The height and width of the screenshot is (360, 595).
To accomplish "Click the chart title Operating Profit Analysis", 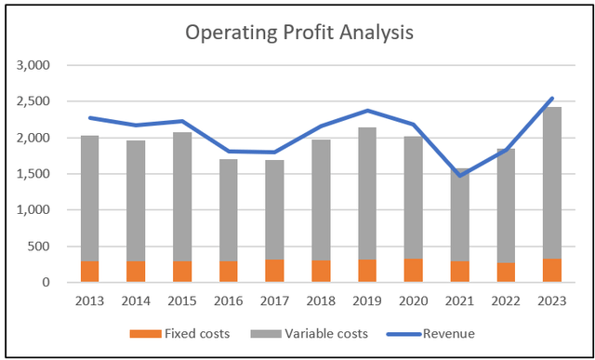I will (298, 33).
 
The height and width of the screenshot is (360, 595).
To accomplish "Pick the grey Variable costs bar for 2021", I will (459, 215).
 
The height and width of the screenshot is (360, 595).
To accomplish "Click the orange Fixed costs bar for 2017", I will (275, 271).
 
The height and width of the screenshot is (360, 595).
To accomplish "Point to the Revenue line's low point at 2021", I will (459, 175).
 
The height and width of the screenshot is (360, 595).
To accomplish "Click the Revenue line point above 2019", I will (367, 111).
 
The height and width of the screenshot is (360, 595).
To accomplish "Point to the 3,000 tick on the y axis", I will (35, 66).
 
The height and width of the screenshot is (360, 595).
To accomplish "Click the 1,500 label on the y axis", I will (35, 174).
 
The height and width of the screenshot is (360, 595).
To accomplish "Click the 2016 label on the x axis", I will (229, 300).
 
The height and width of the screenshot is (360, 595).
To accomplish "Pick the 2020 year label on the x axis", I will (414, 300).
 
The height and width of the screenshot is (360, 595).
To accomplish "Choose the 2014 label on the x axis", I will (137, 300).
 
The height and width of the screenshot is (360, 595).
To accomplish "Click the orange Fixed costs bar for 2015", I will (182, 272).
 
